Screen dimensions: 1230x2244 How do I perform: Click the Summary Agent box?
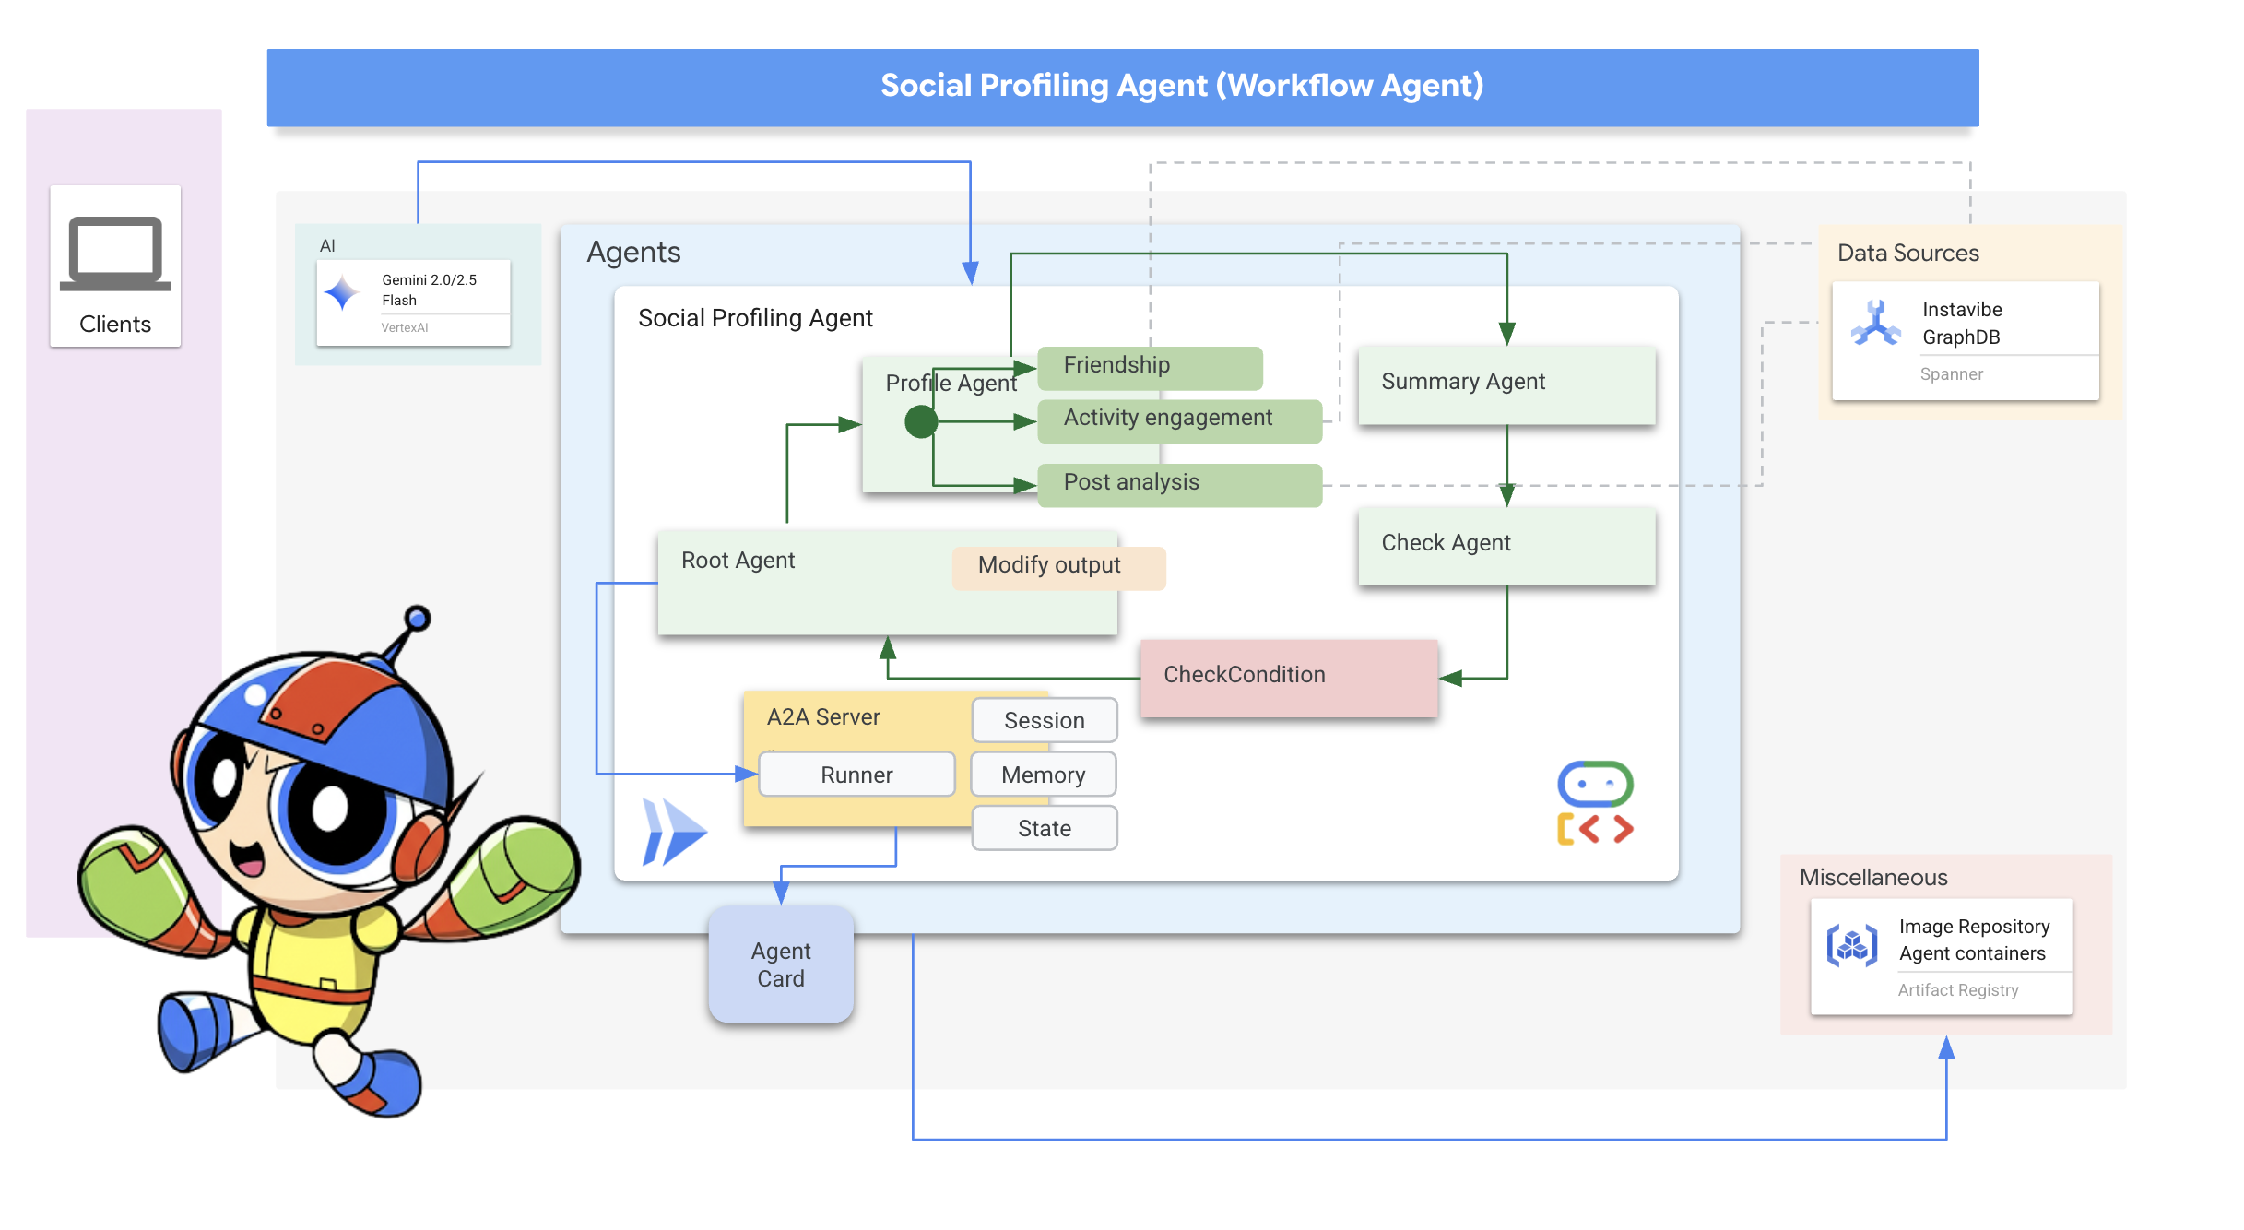[1506, 384]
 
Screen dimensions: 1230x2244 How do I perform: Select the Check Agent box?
[1506, 545]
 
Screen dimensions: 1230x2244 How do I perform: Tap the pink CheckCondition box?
[1288, 677]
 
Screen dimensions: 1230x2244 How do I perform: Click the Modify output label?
[1057, 567]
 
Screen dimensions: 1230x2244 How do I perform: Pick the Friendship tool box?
[1149, 367]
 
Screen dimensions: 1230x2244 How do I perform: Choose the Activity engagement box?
[1178, 420]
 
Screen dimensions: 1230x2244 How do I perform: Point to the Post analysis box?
[1178, 484]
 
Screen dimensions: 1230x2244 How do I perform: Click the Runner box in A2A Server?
[856, 775]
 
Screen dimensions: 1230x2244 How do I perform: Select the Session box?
[1044, 721]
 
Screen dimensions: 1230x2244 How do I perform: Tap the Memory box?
[1043, 775]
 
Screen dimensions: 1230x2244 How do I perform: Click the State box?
[1044, 829]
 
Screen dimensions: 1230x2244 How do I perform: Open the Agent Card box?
[780, 965]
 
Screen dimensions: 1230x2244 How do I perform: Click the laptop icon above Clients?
[115, 254]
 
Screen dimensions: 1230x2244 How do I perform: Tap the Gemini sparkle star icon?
[342, 293]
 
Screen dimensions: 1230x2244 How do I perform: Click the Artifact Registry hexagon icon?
[1851, 946]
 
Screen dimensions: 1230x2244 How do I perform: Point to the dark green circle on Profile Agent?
[920, 422]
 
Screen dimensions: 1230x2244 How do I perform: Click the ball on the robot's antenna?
[418, 619]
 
